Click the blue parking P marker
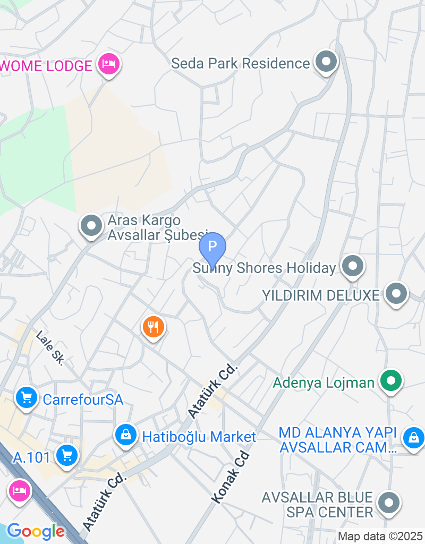pyautogui.click(x=212, y=246)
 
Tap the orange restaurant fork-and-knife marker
pyautogui.click(x=154, y=327)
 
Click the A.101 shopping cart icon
pyautogui.click(x=67, y=455)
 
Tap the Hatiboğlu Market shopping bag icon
pyautogui.click(x=126, y=435)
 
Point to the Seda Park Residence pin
pyautogui.click(x=326, y=62)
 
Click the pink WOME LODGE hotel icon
pyautogui.click(x=109, y=65)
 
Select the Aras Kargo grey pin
pyautogui.click(x=91, y=225)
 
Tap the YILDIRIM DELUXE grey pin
pyautogui.click(x=396, y=294)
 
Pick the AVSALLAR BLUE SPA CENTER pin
pyautogui.click(x=389, y=503)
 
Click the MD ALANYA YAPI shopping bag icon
pyautogui.click(x=412, y=438)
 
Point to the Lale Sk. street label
pyautogui.click(x=50, y=348)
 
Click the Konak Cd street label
pyautogui.click(x=231, y=478)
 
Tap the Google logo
pyautogui.click(x=36, y=531)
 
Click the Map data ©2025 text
pyautogui.click(x=380, y=536)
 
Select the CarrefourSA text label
pyautogui.click(x=83, y=399)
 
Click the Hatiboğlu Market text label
pyautogui.click(x=199, y=437)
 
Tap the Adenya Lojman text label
pyautogui.click(x=324, y=382)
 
